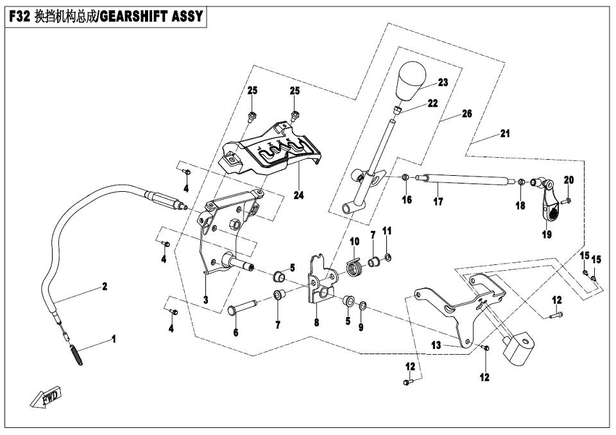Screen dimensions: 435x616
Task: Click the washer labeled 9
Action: (x=363, y=304)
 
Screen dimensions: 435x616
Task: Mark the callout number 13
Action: (x=436, y=345)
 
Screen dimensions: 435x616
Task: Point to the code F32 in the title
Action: (x=17, y=17)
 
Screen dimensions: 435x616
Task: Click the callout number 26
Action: (x=466, y=114)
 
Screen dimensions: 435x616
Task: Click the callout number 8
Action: (x=316, y=324)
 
